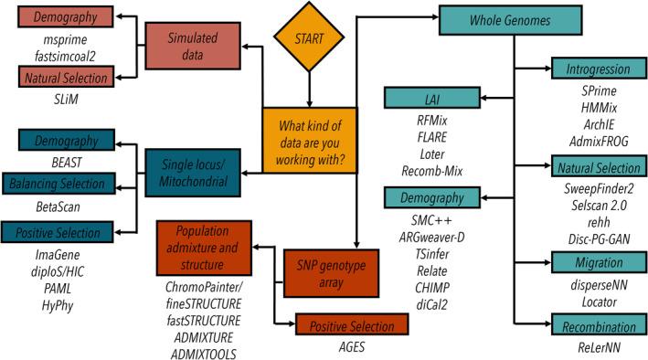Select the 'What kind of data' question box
pyautogui.click(x=309, y=135)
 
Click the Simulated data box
pyautogui.click(x=188, y=44)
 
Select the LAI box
pyautogui.click(x=429, y=96)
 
